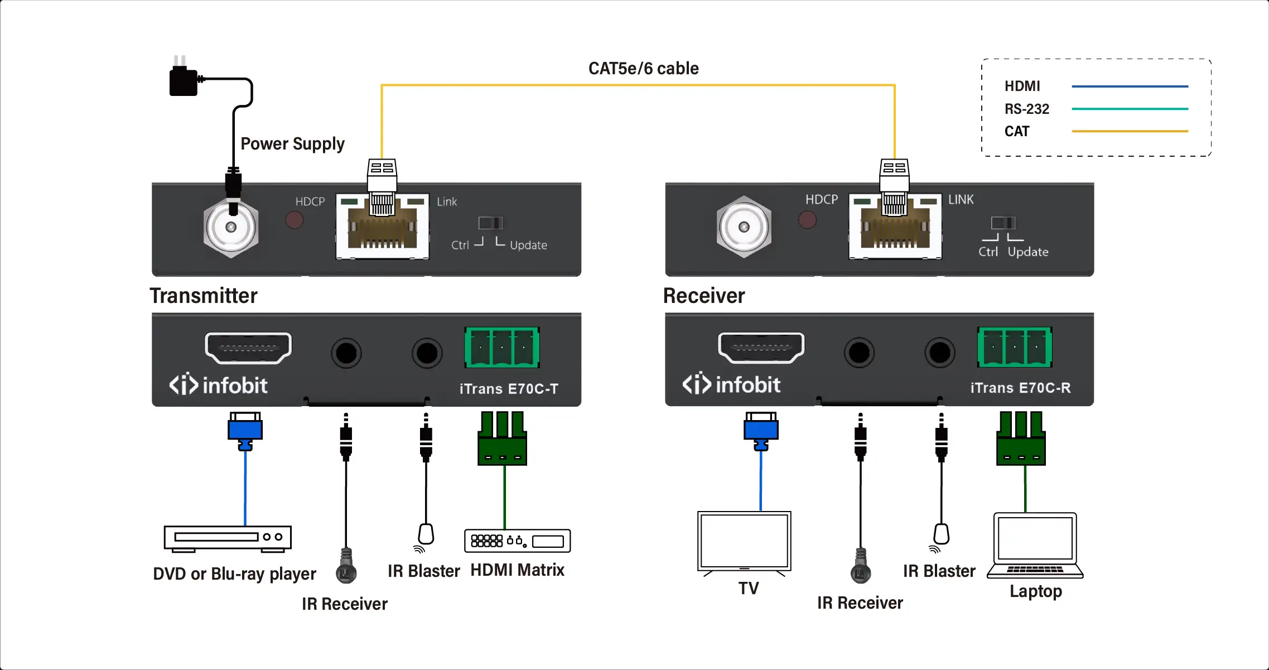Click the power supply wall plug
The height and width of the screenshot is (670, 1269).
point(184,80)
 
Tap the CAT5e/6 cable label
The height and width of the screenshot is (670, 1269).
point(643,68)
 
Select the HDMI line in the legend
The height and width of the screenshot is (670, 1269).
point(1130,86)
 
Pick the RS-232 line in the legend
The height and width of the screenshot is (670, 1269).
point(1130,109)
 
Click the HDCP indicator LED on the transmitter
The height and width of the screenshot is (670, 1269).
point(295,220)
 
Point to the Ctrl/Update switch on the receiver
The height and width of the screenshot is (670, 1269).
point(1003,223)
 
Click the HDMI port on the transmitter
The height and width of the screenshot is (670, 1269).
point(248,348)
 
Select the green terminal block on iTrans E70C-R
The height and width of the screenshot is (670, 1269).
point(1015,347)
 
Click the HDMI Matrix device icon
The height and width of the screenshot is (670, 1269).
point(517,541)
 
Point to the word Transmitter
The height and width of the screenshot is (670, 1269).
point(204,296)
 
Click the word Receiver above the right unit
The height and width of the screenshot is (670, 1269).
point(704,296)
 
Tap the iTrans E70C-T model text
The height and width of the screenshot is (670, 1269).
point(509,389)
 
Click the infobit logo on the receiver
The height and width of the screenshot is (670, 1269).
point(731,384)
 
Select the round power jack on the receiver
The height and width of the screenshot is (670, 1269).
point(744,227)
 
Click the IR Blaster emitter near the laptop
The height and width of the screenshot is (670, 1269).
point(941,535)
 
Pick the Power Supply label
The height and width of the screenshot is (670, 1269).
point(292,144)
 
